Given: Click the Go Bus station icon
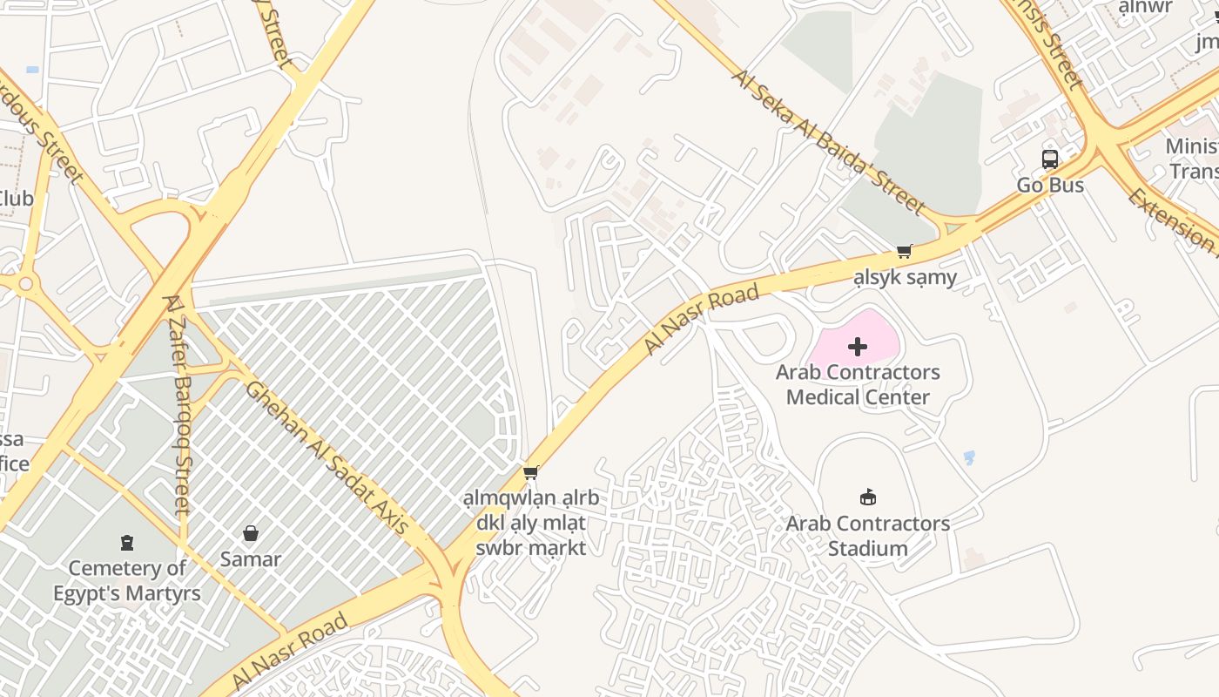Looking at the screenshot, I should coord(1050,159).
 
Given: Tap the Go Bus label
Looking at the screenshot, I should coord(1050,186).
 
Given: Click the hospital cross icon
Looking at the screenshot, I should coord(858,347).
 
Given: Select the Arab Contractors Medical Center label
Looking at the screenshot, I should coord(858,384).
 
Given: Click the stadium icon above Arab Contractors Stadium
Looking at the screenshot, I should coord(868,497).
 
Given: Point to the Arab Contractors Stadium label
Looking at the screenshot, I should coord(868,536).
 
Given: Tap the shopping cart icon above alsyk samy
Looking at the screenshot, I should coord(905,252).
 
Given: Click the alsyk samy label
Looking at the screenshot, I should coord(905,278).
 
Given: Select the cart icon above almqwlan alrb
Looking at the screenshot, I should coord(530,473).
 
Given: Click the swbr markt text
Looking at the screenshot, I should coord(530,548).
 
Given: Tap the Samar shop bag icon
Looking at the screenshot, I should coord(251,533).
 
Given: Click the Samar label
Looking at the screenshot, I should coord(251,559).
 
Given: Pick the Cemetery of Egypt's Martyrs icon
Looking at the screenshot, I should coord(127,543).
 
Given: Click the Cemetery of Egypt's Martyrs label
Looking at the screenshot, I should coord(127,581).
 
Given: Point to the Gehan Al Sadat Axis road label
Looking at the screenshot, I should coord(327,458).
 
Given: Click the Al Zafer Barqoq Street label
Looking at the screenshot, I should coord(176,404).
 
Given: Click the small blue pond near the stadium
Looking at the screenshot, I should coord(969,457).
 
